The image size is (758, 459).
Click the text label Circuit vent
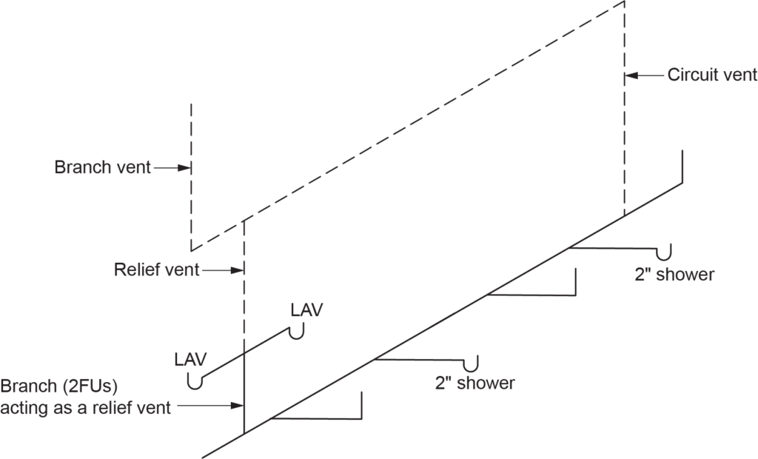tap(711, 75)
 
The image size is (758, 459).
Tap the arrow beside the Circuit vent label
tap(645, 75)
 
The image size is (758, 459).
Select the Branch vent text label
tap(102, 168)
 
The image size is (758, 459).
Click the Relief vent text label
tap(156, 270)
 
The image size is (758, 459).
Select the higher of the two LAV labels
tap(307, 309)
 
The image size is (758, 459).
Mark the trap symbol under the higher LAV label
tap(298, 334)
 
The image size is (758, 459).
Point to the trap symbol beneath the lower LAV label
tap(195, 382)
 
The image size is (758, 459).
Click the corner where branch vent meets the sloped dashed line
tap(192, 250)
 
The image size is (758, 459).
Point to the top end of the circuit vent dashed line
tap(625, 3)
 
